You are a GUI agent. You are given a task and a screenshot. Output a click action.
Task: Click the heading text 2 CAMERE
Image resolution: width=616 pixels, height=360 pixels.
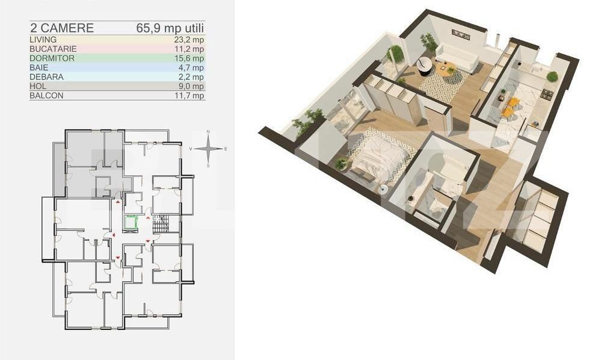click(x=61, y=28)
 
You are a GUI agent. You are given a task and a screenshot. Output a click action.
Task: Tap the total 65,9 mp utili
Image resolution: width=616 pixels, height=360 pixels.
click(x=170, y=28)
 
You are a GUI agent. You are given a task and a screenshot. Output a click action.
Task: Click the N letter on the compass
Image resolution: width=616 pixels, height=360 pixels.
click(x=208, y=132)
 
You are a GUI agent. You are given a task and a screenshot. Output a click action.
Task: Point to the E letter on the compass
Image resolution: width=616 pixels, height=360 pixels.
click(x=226, y=148)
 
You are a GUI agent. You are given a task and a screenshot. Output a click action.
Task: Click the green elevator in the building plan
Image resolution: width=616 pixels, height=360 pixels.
click(x=131, y=222)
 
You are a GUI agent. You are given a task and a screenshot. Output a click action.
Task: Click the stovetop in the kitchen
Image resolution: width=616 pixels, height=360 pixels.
click(x=546, y=95)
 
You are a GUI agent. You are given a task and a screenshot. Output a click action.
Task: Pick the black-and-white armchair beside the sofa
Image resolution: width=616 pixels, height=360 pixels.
click(x=425, y=64)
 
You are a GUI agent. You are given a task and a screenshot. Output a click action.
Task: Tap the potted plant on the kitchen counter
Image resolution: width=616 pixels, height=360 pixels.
click(x=552, y=76)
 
